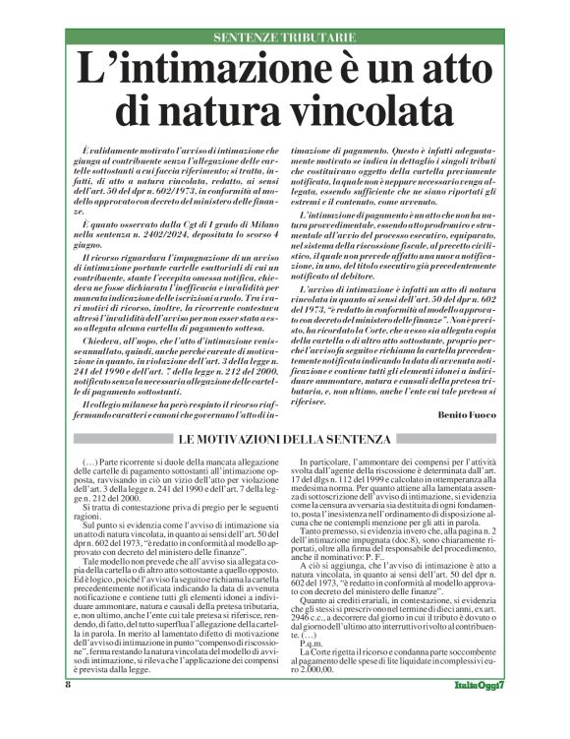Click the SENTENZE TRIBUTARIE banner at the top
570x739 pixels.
(285, 36)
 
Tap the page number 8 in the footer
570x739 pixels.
(67, 710)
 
